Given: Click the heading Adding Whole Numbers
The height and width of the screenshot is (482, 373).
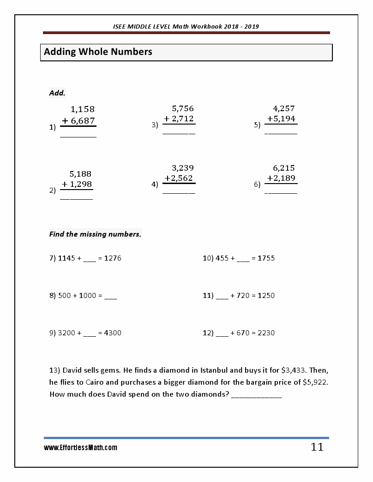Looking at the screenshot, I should tap(98, 52).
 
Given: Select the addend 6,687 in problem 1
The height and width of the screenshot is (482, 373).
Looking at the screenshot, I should tap(83, 120).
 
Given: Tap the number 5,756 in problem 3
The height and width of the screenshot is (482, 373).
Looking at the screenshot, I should tap(182, 109).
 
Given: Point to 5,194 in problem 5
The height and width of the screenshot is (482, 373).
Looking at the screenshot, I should tap(284, 119).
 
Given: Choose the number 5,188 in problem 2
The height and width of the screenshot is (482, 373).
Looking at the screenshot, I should tap(80, 174).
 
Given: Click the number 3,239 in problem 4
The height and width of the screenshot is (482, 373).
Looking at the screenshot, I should tap(182, 168).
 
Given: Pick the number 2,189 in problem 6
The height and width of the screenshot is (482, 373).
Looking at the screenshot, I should tap(284, 178).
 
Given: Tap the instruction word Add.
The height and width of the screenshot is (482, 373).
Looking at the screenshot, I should tap(57, 93).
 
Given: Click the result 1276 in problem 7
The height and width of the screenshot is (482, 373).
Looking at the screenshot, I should tap(113, 258).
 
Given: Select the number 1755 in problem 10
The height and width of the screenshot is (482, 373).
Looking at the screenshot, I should tap(266, 258).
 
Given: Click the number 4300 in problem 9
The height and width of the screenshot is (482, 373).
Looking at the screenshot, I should tap(113, 333).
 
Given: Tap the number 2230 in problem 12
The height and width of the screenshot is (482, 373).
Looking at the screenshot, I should tap(266, 333).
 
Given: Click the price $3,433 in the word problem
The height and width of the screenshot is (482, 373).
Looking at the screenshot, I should tap(294, 370).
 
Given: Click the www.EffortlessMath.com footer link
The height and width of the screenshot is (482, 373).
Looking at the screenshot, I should tap(80, 447).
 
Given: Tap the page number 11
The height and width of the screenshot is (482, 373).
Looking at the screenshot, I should tap(317, 447).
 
